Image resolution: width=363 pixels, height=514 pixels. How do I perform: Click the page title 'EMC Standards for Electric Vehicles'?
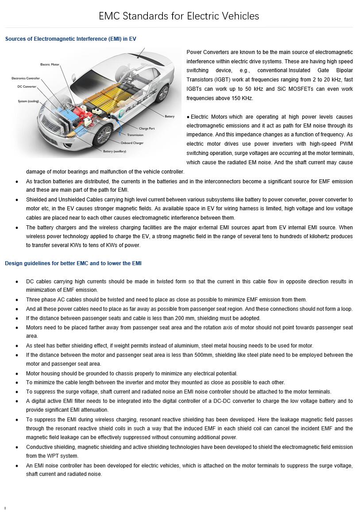tap(179, 16)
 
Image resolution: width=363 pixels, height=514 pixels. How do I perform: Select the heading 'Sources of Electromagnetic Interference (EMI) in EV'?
tap(70, 39)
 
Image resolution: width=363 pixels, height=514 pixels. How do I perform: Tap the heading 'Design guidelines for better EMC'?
tap(73, 263)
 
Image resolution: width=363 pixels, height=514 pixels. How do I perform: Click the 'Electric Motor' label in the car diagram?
tap(50, 65)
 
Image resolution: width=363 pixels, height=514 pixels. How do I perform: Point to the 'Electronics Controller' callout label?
tap(26, 78)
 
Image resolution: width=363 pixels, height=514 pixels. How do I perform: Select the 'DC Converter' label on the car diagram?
tap(27, 87)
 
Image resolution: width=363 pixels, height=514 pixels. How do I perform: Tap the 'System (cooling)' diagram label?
tap(28, 101)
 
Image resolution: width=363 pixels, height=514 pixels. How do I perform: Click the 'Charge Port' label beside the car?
tap(147, 128)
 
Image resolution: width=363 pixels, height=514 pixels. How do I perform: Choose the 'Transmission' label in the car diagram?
tap(135, 135)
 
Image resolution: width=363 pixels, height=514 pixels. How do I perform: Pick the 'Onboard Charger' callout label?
tap(132, 143)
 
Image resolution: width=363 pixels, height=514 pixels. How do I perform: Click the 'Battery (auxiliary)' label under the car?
tap(114, 151)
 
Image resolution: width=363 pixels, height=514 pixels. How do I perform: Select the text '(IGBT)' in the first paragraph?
tap(217, 80)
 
